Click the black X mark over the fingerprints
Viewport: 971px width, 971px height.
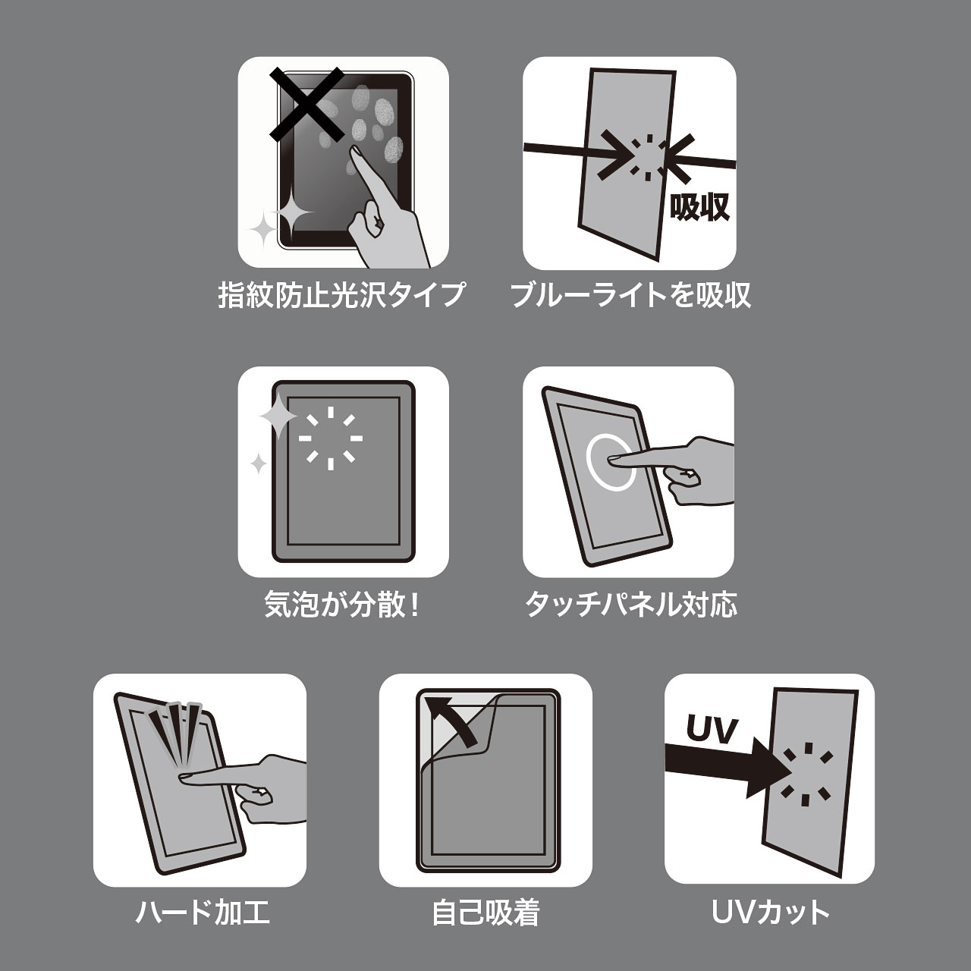(x=307, y=104)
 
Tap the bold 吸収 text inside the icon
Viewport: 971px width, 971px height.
(x=699, y=207)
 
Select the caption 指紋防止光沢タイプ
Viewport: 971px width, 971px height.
(x=341, y=295)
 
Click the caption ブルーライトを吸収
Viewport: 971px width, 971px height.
(x=630, y=295)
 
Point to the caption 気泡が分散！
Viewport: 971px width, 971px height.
(x=343, y=604)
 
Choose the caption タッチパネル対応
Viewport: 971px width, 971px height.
(x=631, y=604)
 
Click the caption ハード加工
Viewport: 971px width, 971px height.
(x=203, y=912)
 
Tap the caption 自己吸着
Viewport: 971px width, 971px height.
(x=485, y=912)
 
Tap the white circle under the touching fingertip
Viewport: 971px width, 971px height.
(x=610, y=461)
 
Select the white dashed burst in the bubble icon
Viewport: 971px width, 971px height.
(x=331, y=438)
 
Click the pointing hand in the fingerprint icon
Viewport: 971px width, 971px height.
(x=383, y=212)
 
